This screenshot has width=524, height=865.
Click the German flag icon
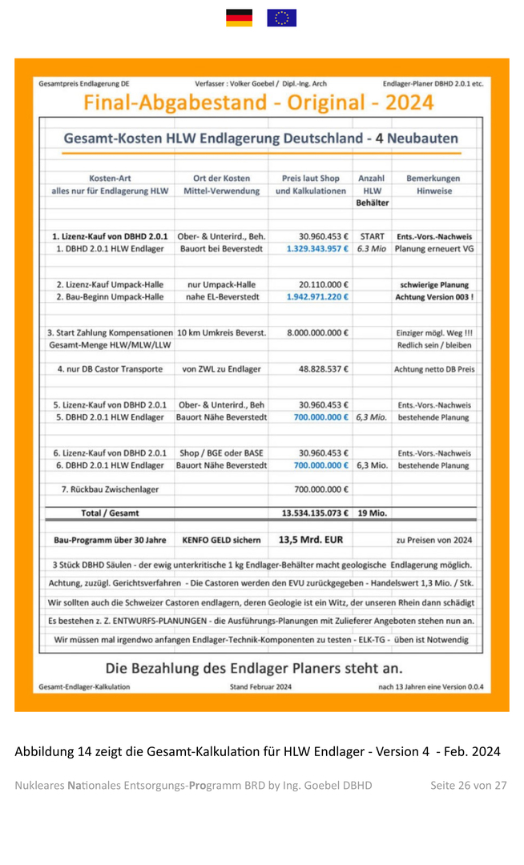pos(239,18)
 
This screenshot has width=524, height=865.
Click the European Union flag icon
pos(281,18)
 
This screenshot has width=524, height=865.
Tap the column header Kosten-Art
pos(110,178)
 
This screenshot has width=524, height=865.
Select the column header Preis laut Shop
pos(311,178)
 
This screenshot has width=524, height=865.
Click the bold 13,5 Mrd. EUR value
pos(311,539)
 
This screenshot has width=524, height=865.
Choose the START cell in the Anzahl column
pos(372,237)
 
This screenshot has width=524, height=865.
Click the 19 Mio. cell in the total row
pos(372,513)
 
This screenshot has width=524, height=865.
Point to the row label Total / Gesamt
pos(110,513)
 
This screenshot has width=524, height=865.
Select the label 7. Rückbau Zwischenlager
pos(110,489)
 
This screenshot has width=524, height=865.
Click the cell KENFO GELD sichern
pos(221,540)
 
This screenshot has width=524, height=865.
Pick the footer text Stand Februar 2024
pos(260,686)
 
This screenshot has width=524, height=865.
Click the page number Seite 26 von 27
pos(468,785)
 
